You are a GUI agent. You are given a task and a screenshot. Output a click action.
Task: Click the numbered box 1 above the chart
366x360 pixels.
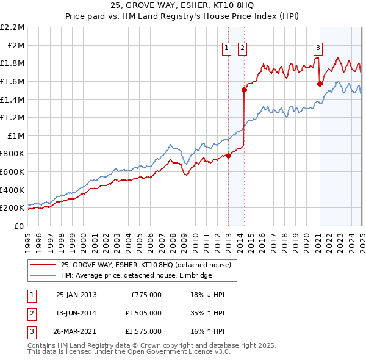click(x=226, y=49)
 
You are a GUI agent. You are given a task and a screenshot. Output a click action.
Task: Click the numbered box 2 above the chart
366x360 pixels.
click(x=242, y=49)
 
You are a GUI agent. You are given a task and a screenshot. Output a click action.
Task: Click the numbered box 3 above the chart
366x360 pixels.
click(x=318, y=49)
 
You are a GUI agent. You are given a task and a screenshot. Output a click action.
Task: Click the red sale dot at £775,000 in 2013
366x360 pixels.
click(x=229, y=156)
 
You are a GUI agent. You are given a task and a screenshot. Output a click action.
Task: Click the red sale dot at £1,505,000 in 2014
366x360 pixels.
click(x=244, y=90)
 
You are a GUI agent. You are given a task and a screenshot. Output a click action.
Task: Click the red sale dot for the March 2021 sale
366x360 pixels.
click(x=320, y=84)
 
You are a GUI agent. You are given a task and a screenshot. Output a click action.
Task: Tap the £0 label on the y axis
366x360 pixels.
click(x=19, y=226)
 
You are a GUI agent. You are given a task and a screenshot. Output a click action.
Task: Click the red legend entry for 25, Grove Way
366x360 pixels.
click(x=146, y=265)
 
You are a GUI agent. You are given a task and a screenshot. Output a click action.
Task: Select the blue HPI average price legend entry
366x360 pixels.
click(x=136, y=275)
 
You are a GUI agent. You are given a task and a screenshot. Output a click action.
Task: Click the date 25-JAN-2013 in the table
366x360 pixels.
click(x=76, y=295)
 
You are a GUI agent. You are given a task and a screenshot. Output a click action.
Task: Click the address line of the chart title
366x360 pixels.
click(x=183, y=6)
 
